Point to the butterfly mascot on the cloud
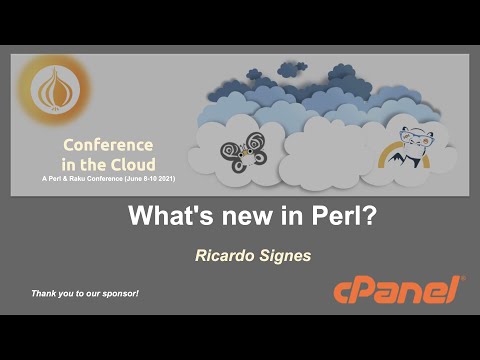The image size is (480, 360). pos(242,153)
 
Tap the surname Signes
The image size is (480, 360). pos(284,257)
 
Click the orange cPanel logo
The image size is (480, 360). pos(397,290)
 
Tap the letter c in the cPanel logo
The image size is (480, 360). pos(342,292)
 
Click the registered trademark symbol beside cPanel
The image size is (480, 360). pos(461,279)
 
